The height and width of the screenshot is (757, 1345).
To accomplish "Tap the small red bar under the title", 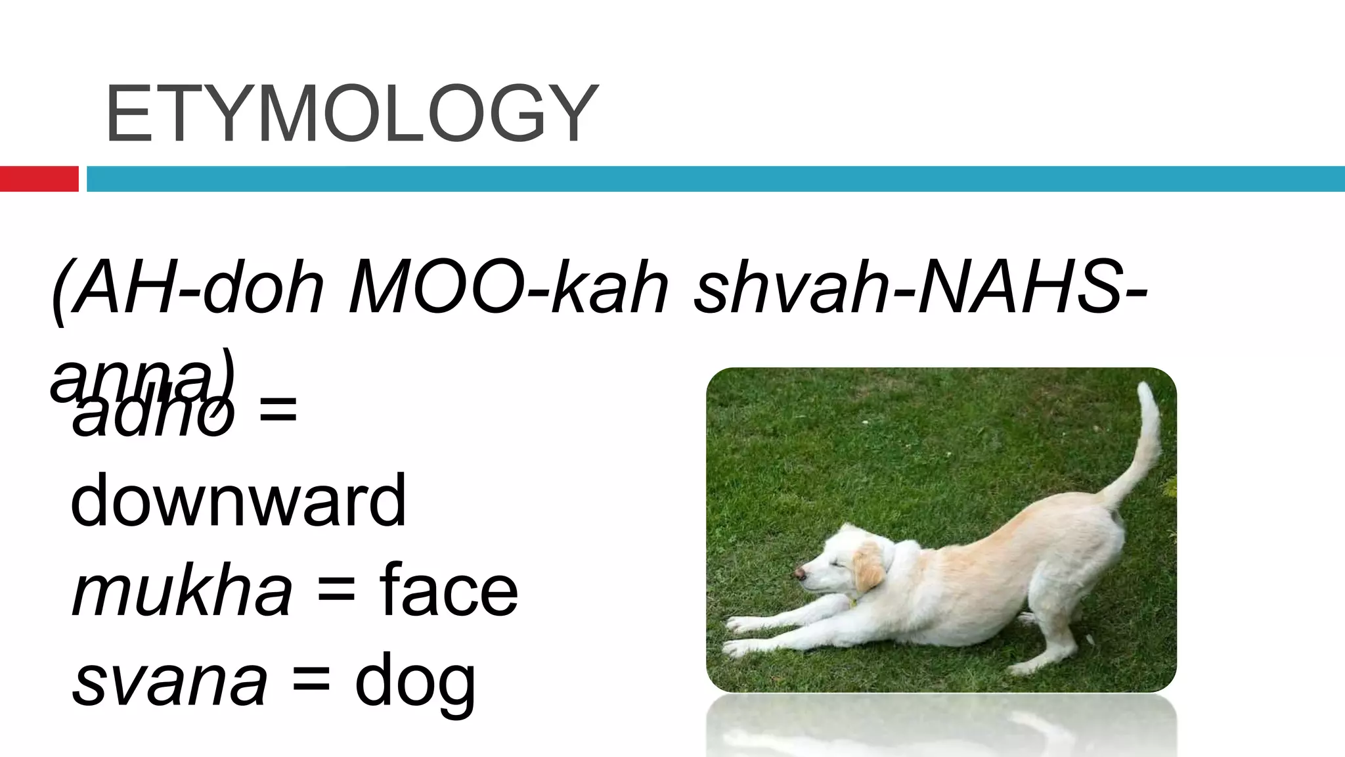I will pyautogui.click(x=39, y=179).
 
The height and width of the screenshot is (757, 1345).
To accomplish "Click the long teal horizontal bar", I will pyautogui.click(x=716, y=179).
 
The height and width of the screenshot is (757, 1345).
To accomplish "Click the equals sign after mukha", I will pyautogui.click(x=336, y=593).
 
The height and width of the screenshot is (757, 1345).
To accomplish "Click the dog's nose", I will pyautogui.click(x=800, y=573).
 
